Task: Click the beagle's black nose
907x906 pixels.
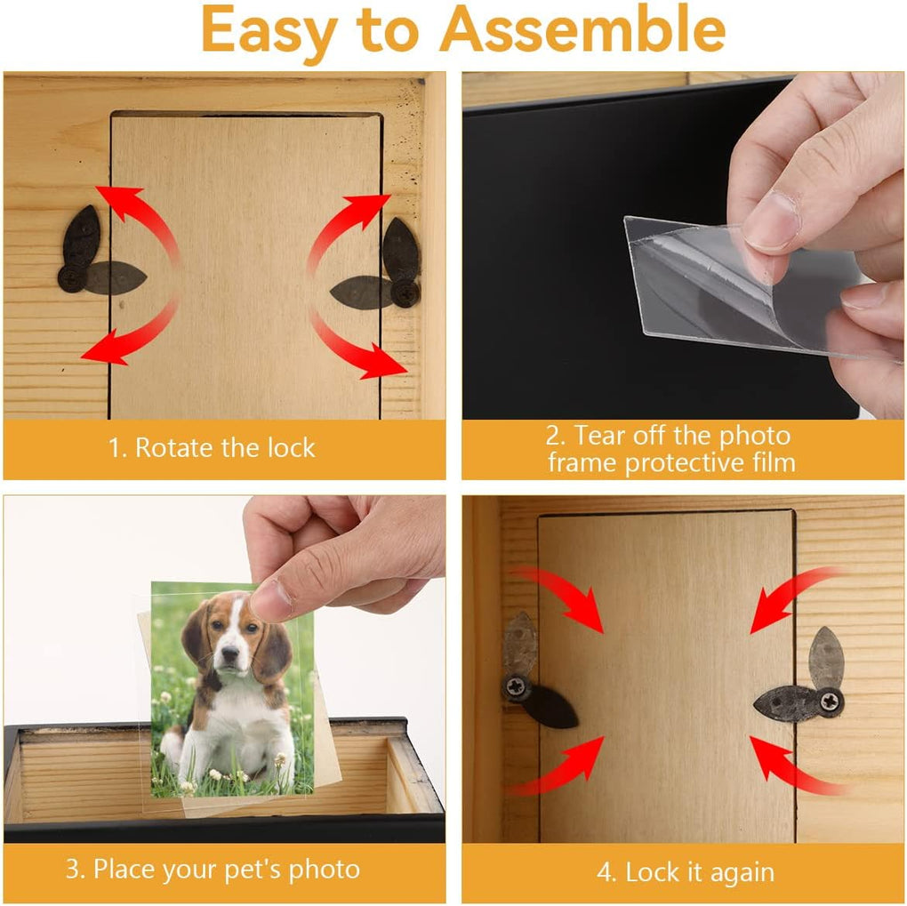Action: point(229,653)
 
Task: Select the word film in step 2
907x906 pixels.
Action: point(770,462)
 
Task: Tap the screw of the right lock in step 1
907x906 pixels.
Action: point(405,293)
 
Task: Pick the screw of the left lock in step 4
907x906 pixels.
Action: point(516,686)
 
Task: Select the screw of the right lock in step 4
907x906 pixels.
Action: point(831,702)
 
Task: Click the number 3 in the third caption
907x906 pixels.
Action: point(72,869)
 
